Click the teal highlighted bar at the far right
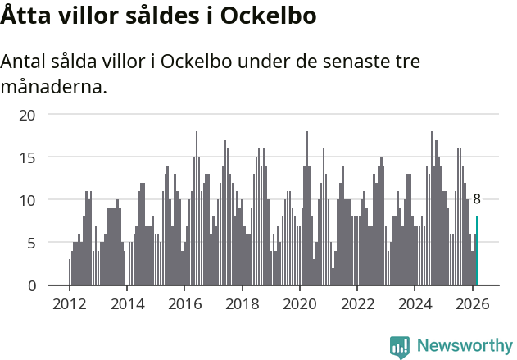477,251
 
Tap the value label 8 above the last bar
477,199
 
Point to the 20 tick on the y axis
28,114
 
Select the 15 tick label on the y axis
28,157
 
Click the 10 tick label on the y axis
28,199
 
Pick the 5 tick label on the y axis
32,243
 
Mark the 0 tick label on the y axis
32,285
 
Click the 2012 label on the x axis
69,304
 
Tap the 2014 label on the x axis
126,304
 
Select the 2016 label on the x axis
184,304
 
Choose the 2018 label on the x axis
242,304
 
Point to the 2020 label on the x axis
299,304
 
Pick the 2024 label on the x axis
415,304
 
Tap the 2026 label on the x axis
472,304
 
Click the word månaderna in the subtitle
54,86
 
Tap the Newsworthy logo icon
400,347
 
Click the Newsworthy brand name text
465,347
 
